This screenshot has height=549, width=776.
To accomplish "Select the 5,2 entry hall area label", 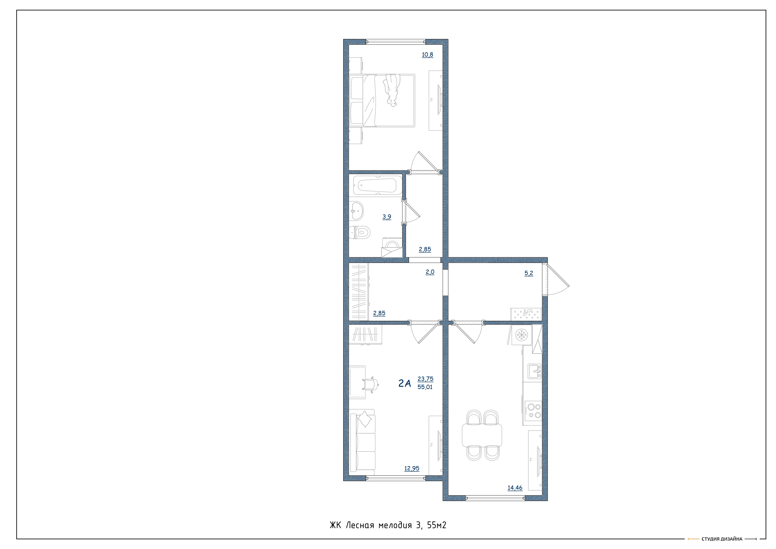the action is point(529,273).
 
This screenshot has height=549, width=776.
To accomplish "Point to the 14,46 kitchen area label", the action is point(515,488).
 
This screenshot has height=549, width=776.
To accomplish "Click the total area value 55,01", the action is point(425,387).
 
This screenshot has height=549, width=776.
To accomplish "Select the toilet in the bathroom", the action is point(360,232).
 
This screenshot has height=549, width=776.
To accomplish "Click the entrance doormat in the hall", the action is point(526,314).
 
